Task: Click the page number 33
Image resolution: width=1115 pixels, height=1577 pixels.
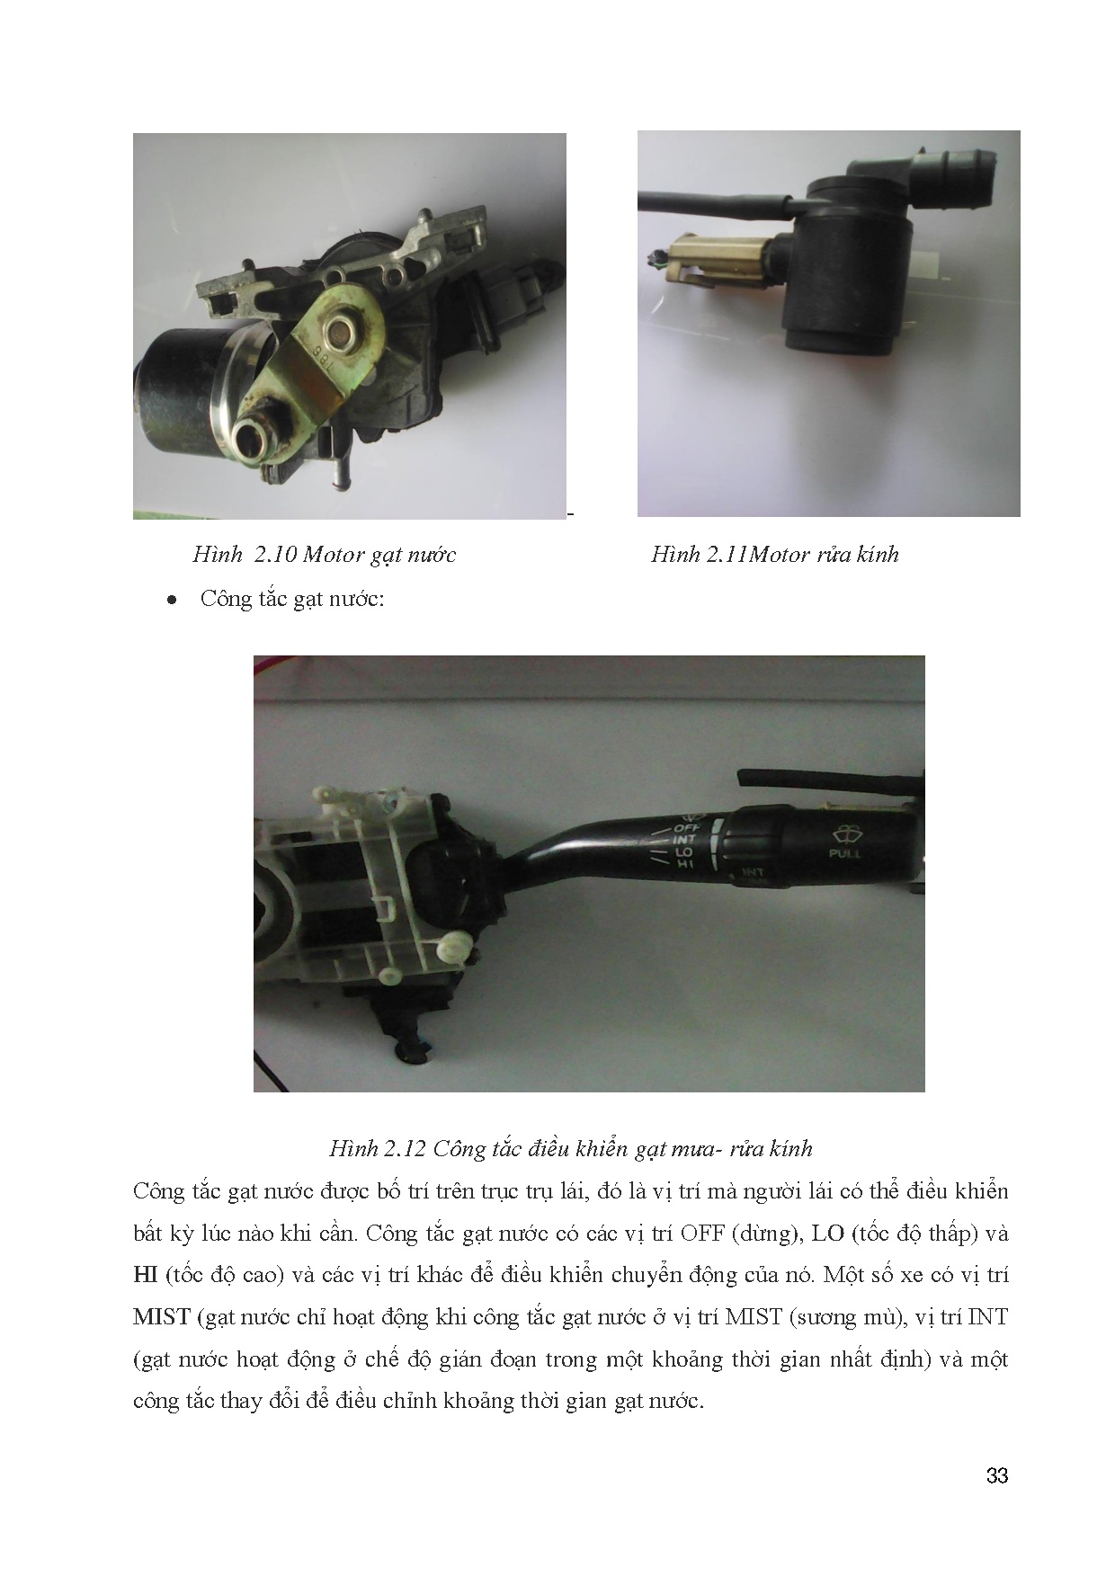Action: [996, 1476]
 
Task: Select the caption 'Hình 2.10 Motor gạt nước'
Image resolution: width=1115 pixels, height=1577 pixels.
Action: [324, 555]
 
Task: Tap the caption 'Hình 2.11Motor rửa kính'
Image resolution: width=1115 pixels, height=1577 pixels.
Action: [775, 554]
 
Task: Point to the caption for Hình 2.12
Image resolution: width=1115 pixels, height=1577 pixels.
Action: [571, 1148]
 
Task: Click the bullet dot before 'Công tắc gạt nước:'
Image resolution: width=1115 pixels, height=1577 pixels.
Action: [170, 600]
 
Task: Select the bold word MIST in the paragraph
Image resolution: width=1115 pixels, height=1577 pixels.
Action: [161, 1317]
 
